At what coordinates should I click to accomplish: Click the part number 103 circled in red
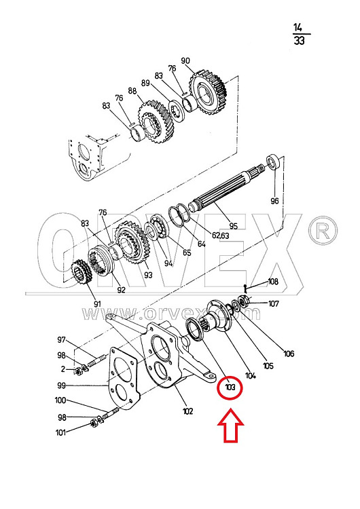(x=230, y=388)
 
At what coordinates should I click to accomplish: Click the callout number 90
(x=185, y=60)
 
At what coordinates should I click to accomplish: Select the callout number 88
(x=132, y=90)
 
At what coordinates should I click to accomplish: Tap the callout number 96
(x=274, y=201)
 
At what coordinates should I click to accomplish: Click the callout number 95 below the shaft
(x=233, y=226)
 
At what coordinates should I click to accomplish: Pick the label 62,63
(x=220, y=235)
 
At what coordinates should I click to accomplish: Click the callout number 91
(x=97, y=304)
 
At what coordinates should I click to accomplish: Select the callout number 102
(x=187, y=411)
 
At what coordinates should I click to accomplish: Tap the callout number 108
(x=273, y=282)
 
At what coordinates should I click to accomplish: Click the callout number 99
(x=61, y=385)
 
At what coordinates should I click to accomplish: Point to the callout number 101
(x=60, y=432)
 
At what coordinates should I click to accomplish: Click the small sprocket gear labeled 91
(x=82, y=271)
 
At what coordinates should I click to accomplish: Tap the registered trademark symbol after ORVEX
(x=323, y=230)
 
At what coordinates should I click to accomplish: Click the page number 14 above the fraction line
(x=298, y=27)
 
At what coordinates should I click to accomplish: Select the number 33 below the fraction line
(x=299, y=41)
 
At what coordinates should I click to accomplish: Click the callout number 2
(x=63, y=369)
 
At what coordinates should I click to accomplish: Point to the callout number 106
(x=289, y=353)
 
